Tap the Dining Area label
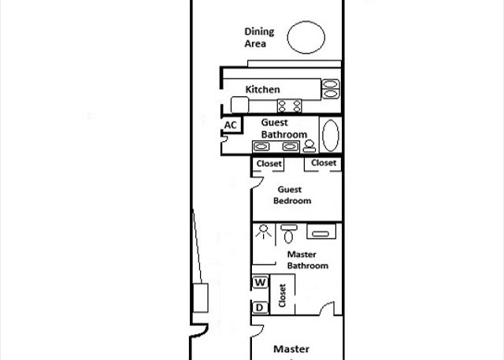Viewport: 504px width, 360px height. click(x=259, y=37)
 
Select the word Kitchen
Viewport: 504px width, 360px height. click(x=262, y=89)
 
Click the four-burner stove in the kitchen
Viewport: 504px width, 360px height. click(x=289, y=106)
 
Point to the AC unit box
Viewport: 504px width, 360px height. click(x=232, y=124)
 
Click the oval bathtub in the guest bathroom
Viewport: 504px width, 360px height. click(x=331, y=135)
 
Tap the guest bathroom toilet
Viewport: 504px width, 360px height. click(x=309, y=147)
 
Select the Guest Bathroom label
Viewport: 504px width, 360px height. click(x=283, y=128)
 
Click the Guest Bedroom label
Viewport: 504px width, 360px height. click(x=292, y=195)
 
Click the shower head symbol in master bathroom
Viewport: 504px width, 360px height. click(x=264, y=232)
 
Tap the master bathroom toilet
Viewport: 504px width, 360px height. click(x=289, y=234)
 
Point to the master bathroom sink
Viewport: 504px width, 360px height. click(x=321, y=232)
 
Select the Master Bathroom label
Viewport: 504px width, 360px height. click(x=308, y=260)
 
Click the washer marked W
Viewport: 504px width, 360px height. click(x=260, y=282)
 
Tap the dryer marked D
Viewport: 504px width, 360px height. click(x=260, y=307)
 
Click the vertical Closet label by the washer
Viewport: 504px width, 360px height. click(x=282, y=295)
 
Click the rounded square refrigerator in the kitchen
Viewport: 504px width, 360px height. click(x=239, y=105)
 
